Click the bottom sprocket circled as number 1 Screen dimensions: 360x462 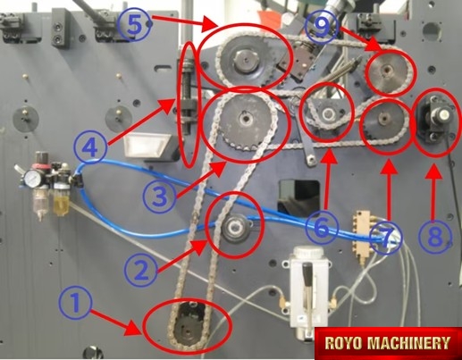[x=188, y=325]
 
